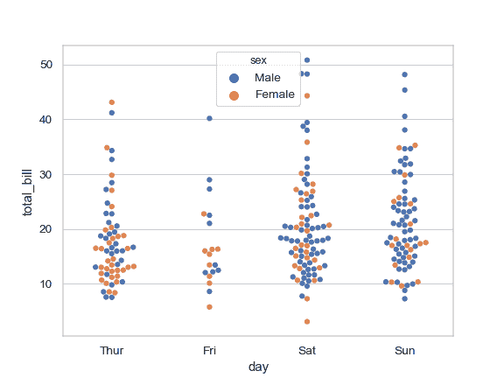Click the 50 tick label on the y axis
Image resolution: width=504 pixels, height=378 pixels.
coord(46,65)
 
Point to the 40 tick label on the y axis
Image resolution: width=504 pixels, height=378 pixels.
coord(46,120)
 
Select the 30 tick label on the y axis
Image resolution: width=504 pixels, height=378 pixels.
coord(46,174)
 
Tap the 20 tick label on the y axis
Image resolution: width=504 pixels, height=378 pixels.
coord(46,229)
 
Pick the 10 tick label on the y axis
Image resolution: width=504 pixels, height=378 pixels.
coord(46,284)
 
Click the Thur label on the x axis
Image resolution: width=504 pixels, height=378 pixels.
coord(112,351)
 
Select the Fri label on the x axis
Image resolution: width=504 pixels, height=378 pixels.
coord(209,351)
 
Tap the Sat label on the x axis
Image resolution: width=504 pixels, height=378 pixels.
coord(307,351)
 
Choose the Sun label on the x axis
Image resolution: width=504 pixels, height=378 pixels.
coord(405,351)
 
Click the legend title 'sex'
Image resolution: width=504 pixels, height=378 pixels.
coord(258,60)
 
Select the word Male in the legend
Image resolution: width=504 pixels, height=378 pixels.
coord(268,78)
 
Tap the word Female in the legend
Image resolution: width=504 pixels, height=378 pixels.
coord(275,94)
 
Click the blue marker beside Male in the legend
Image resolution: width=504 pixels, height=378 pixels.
coord(234,78)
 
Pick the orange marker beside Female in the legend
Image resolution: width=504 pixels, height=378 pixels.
coord(234,94)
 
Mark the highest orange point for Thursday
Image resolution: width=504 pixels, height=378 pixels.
coord(112,102)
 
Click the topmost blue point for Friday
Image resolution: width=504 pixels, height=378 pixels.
coord(209,118)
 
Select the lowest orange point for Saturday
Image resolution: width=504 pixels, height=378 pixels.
coord(307,322)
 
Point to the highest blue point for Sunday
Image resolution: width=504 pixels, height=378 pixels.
coord(405,75)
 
